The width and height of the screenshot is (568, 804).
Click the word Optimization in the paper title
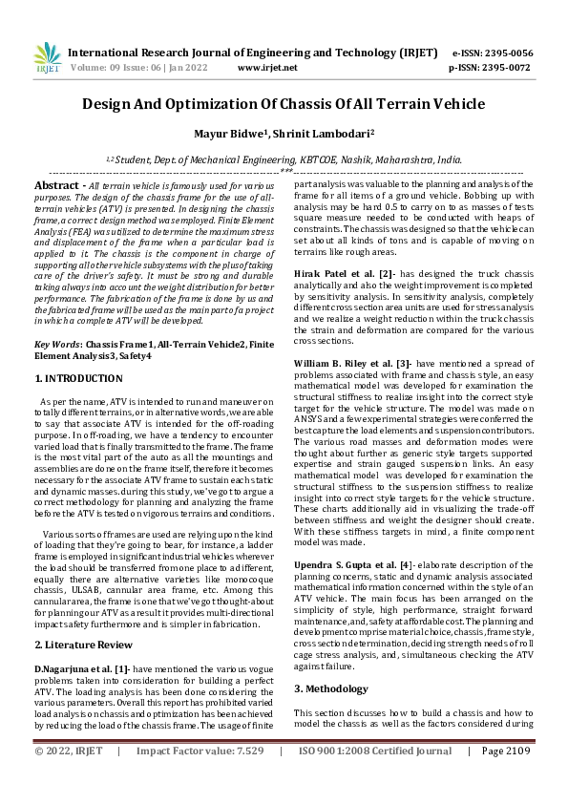click(x=218, y=104)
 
